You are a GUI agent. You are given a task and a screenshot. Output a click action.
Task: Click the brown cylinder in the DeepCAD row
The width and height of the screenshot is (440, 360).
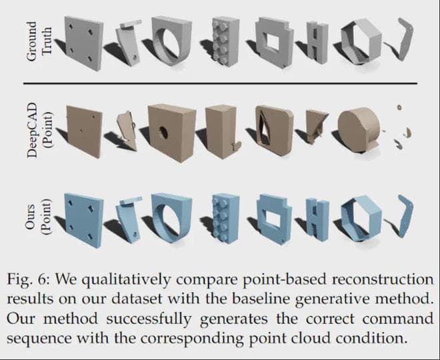point(360,130)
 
